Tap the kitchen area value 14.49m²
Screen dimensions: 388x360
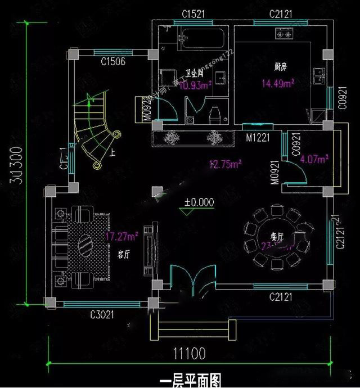click(x=278, y=84)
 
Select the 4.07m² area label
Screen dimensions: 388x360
click(x=314, y=159)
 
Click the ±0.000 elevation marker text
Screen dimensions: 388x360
click(x=199, y=201)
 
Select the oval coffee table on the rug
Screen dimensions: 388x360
click(x=86, y=245)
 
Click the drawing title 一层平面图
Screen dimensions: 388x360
click(x=190, y=381)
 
